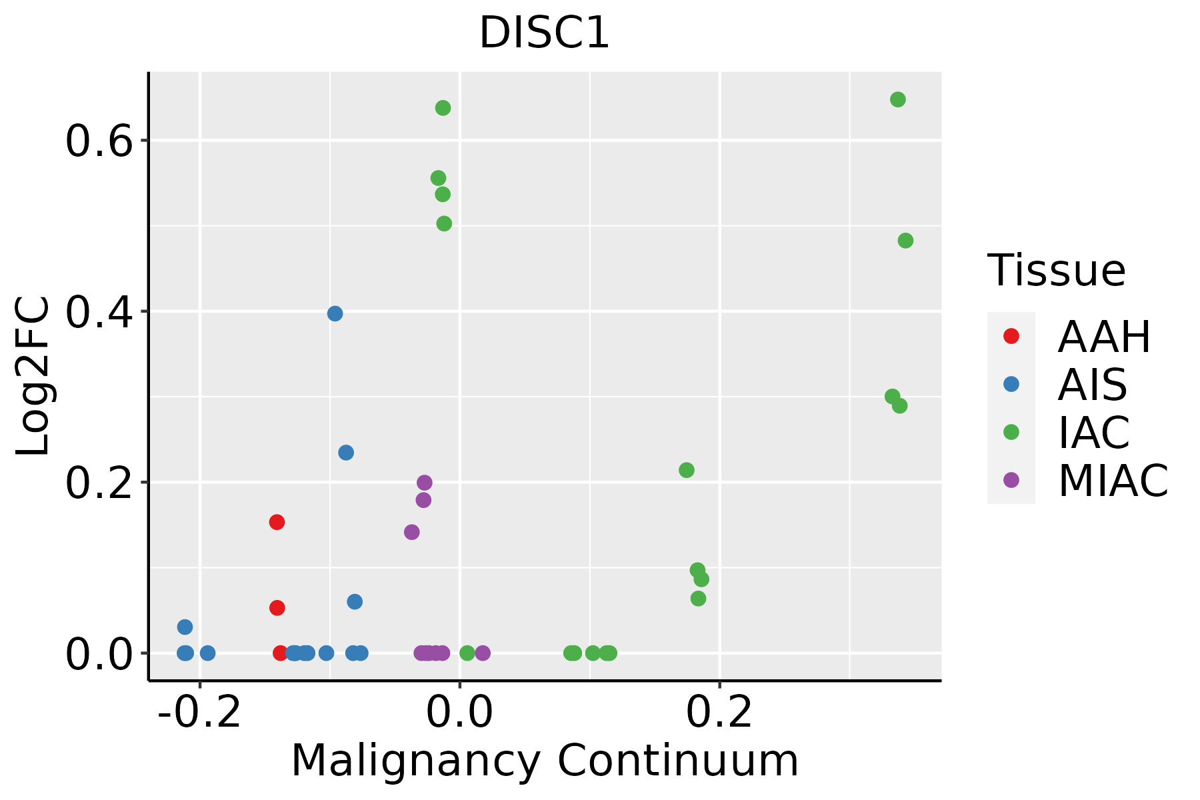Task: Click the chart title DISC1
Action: click(x=544, y=33)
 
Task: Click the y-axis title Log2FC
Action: click(x=33, y=376)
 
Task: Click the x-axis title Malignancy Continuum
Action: click(x=544, y=761)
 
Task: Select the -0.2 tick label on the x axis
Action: click(x=199, y=713)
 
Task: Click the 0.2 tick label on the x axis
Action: click(x=719, y=713)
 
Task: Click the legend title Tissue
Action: click(x=1056, y=271)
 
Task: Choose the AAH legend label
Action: click(x=1104, y=337)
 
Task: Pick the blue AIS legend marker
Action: click(x=1011, y=384)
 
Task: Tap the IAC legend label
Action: click(x=1093, y=432)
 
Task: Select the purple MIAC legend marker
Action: click(x=1011, y=480)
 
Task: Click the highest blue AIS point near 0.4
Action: click(x=335, y=313)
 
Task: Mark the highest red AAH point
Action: click(x=277, y=522)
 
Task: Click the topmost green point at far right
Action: click(x=898, y=99)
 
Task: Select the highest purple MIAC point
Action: click(x=425, y=483)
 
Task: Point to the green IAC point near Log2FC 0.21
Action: click(x=687, y=470)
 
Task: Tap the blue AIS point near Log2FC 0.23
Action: click(x=346, y=453)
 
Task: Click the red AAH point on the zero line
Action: click(x=281, y=653)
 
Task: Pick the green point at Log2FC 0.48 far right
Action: click(x=905, y=241)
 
